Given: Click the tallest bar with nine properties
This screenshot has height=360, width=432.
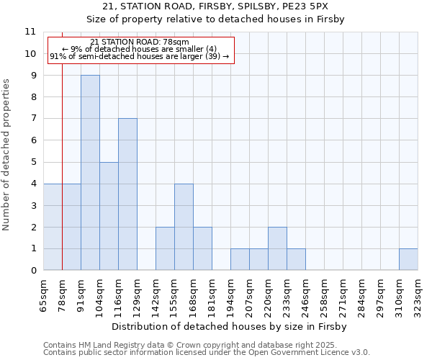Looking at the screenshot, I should (x=90, y=173).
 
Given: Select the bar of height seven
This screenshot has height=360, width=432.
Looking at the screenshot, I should (x=127, y=194).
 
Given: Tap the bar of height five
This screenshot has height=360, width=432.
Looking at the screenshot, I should (x=109, y=216).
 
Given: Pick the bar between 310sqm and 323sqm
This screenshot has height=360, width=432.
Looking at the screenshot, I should (x=408, y=259).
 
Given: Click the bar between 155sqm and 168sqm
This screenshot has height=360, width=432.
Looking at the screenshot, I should (x=184, y=227).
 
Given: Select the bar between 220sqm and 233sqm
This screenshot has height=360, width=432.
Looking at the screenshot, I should (x=277, y=248).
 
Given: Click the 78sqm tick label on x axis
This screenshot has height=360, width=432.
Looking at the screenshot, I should (x=63, y=294).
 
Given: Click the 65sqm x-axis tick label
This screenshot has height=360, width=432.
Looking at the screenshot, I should (x=44, y=294).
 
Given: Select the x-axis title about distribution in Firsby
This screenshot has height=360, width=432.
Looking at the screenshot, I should (x=230, y=327).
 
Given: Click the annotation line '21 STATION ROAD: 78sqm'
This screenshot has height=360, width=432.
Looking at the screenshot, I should (x=140, y=42).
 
